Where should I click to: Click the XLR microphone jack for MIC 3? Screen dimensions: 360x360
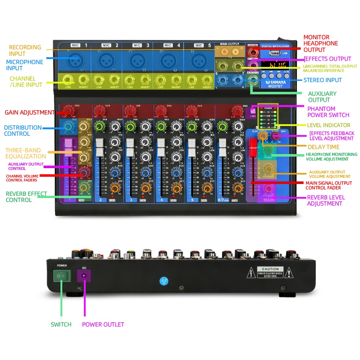[137, 59]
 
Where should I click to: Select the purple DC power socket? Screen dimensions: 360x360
[84, 276]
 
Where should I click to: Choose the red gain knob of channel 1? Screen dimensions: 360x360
[68, 111]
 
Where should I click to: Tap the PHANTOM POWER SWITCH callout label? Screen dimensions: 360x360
[328, 112]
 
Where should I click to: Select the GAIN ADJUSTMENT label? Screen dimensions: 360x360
[30, 112]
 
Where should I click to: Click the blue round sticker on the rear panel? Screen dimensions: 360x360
[164, 281]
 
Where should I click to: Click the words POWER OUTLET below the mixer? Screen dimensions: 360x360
[103, 324]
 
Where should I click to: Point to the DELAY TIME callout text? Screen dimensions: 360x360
[323, 147]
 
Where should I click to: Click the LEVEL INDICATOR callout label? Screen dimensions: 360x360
[328, 125]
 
